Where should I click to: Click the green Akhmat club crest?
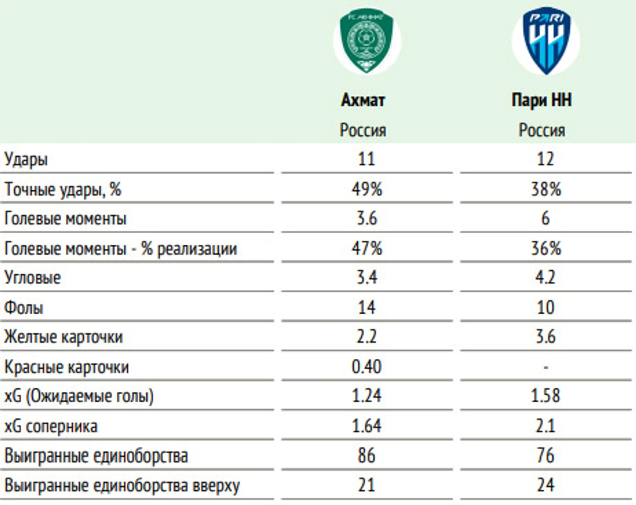click(x=366, y=41)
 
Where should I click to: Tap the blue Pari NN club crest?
click(x=546, y=41)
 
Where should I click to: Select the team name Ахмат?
click(x=363, y=100)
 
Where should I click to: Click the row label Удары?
click(x=26, y=159)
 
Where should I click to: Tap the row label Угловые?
click(x=33, y=278)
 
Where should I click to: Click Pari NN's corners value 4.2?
click(x=545, y=277)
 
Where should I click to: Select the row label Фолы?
click(x=24, y=307)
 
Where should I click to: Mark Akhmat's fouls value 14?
click(x=367, y=307)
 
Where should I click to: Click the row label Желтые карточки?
click(x=63, y=337)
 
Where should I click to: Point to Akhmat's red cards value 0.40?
click(x=367, y=367)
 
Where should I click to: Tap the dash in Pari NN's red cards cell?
click(x=546, y=367)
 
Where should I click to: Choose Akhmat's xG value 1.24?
click(x=367, y=396)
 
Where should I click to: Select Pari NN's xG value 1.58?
click(x=545, y=396)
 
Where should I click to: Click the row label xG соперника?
click(x=51, y=426)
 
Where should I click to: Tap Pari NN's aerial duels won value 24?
click(x=545, y=485)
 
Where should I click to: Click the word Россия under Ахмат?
click(x=363, y=130)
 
